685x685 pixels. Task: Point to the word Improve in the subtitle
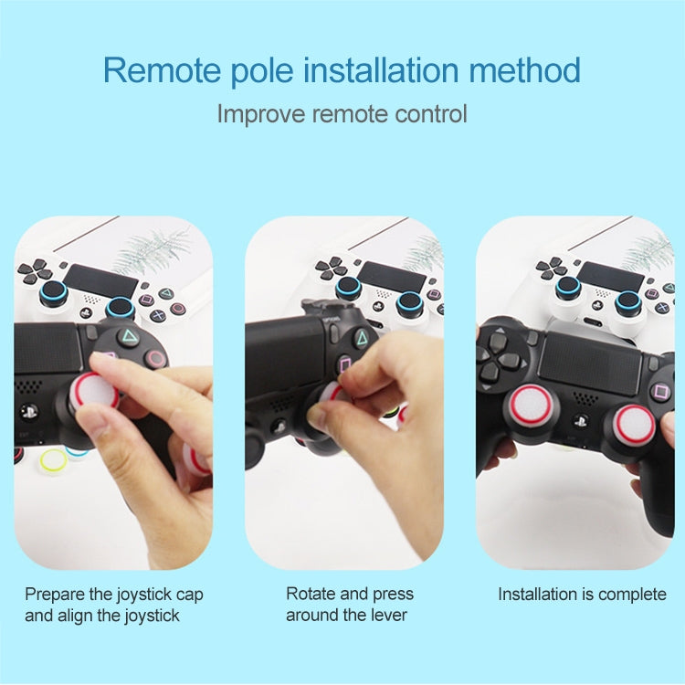[x=261, y=114]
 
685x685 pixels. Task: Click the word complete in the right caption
[x=632, y=595]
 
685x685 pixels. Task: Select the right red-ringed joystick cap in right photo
[x=634, y=425]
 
